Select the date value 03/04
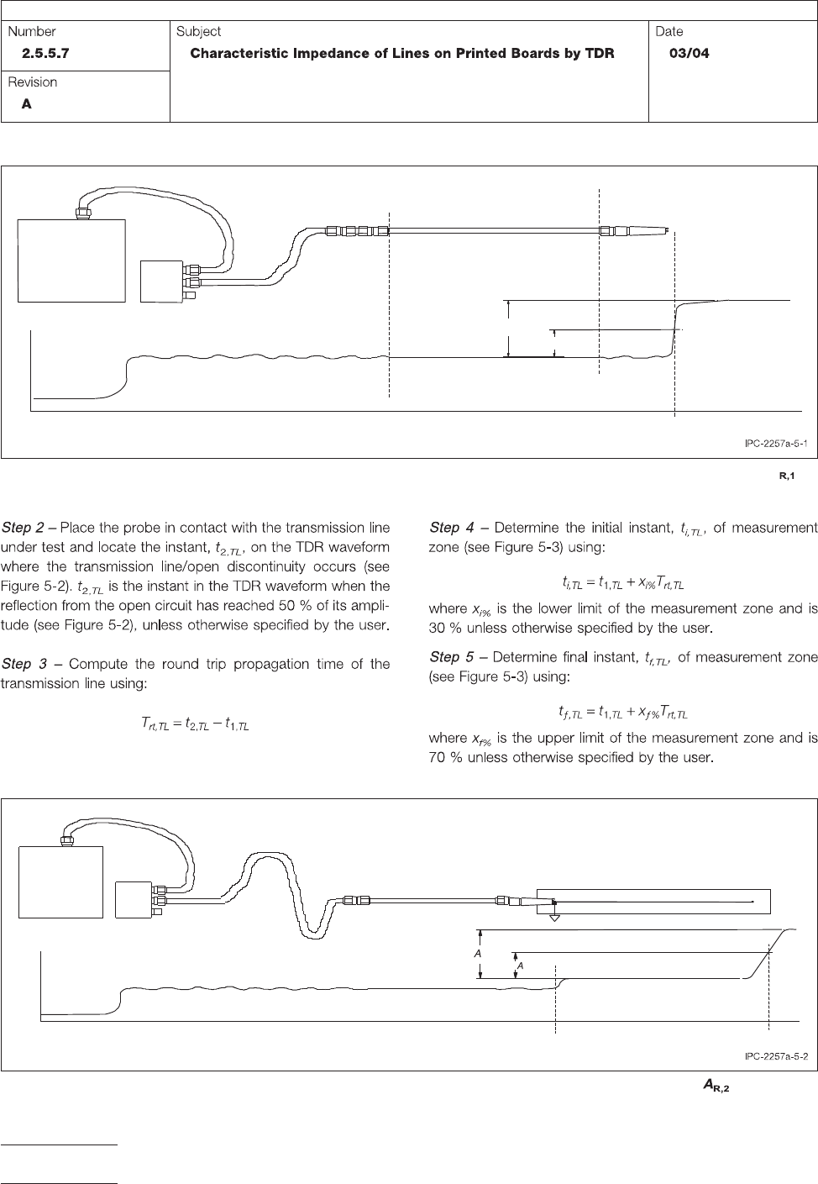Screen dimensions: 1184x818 pos(689,53)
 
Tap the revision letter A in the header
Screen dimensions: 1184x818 pos(27,104)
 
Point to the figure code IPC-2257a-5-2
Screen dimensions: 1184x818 pos(776,1055)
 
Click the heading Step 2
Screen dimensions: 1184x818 pos(24,528)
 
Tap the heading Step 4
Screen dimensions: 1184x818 pos(452,528)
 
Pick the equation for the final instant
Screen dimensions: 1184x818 pos(624,713)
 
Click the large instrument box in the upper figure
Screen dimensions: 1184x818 pos(72,260)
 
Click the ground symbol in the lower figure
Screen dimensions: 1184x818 pos(554,916)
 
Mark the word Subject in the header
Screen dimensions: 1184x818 pos(198,31)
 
